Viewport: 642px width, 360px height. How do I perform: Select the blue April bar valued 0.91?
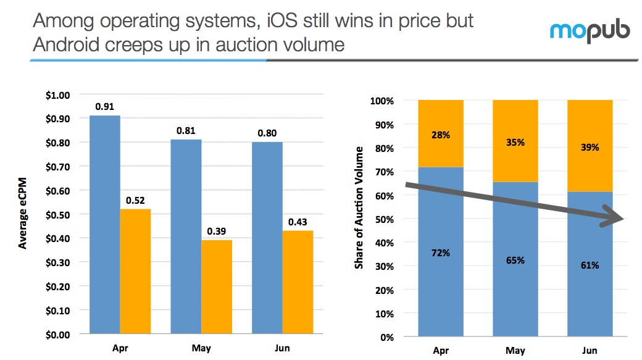tap(105, 225)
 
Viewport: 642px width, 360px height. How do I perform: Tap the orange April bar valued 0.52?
tap(135, 272)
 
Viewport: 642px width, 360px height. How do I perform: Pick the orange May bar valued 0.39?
tap(217, 287)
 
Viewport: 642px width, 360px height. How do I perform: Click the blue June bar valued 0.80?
tap(267, 238)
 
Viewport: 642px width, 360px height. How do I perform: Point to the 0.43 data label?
tap(298, 222)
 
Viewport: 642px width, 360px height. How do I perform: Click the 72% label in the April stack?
tap(440, 254)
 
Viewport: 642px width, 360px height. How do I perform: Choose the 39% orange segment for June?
tap(590, 146)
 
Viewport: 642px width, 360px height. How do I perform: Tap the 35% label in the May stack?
tap(515, 143)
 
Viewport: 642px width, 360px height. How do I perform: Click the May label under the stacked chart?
tap(515, 351)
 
